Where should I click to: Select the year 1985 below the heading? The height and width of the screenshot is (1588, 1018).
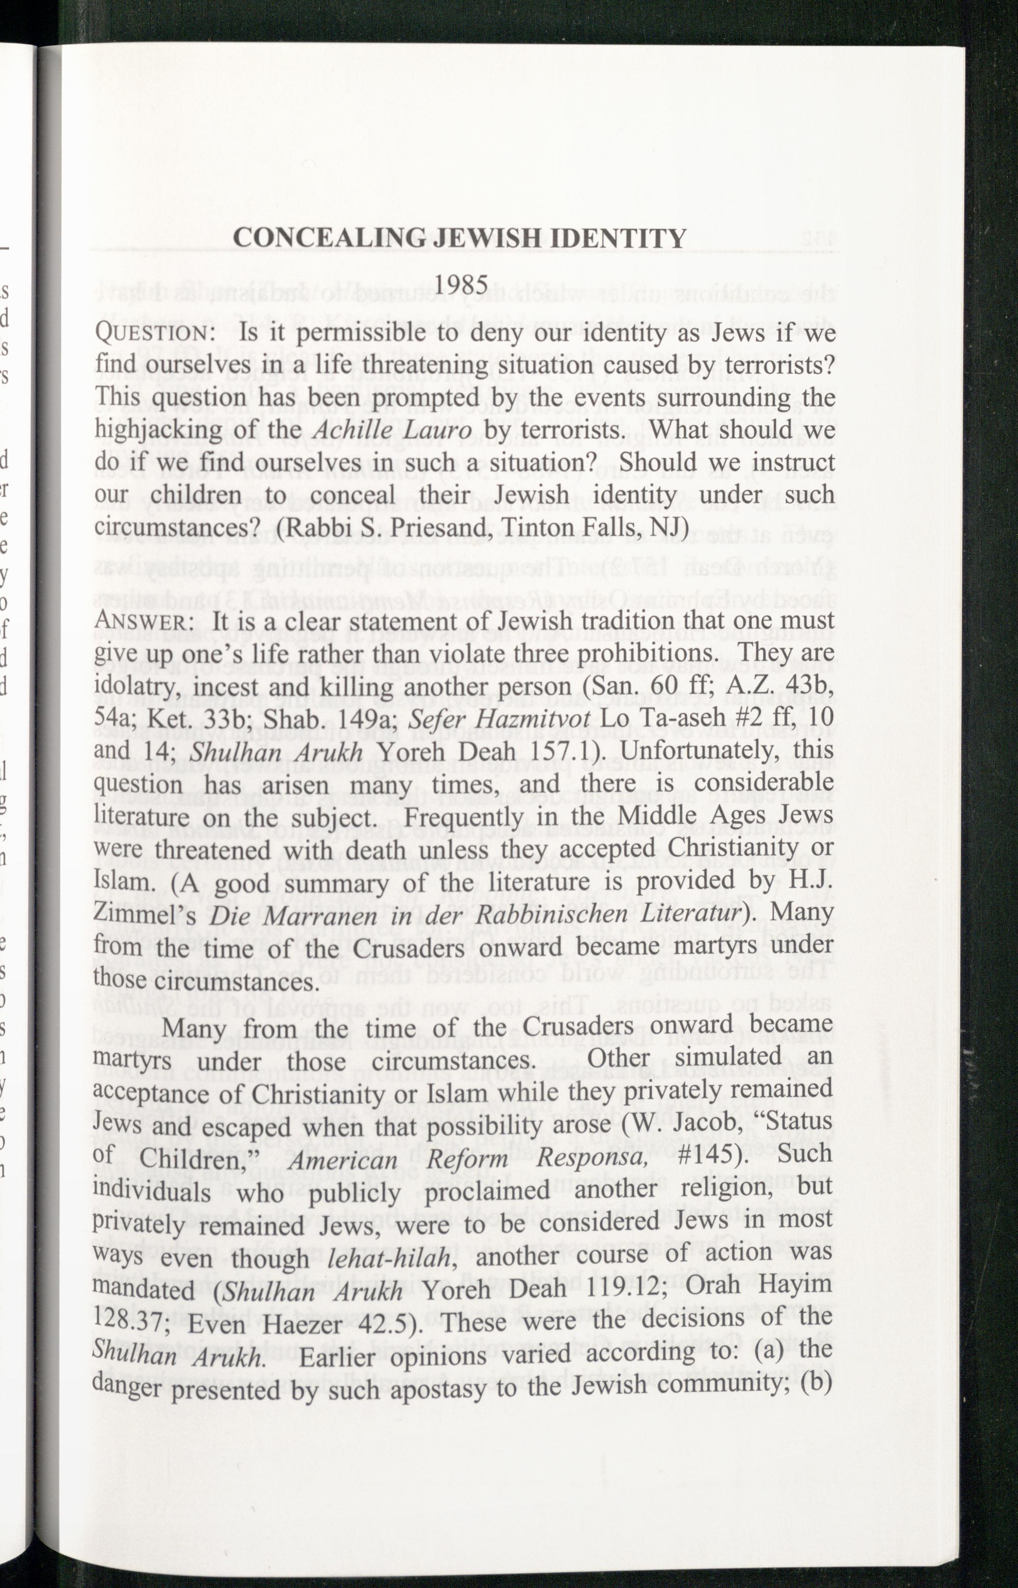[x=461, y=284]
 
